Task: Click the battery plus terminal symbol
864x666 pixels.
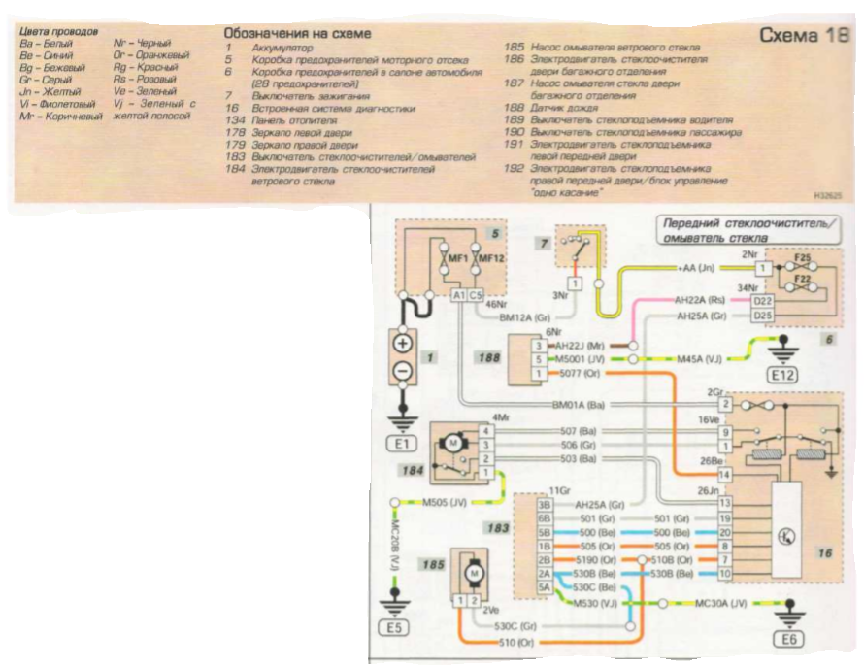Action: [x=403, y=343]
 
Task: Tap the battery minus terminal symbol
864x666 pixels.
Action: [x=403, y=369]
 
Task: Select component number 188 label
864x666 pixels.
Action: [x=489, y=358]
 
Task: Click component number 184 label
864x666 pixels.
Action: [x=413, y=469]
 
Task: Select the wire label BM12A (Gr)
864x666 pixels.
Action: [x=524, y=316]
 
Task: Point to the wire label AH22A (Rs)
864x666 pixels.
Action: [x=699, y=301]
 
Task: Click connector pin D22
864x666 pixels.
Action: [x=763, y=301]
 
